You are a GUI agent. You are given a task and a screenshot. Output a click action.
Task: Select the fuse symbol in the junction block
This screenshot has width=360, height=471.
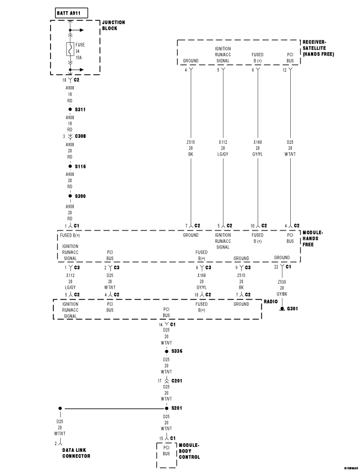tap(70, 49)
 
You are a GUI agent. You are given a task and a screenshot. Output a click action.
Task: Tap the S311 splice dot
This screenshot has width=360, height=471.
tap(70, 109)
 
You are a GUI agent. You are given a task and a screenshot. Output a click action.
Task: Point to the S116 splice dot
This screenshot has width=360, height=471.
tap(70, 166)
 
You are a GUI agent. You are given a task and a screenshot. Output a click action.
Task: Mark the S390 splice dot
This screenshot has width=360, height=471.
tap(70, 196)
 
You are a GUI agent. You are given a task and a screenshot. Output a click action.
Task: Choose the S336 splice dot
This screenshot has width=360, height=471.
tap(166, 351)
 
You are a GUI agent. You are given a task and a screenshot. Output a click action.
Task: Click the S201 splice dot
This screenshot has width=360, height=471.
tap(166, 409)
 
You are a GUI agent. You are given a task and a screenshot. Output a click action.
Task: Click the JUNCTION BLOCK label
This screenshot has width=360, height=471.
tap(114, 25)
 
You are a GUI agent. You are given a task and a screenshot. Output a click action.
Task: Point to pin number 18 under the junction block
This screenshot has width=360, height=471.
tap(64, 80)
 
